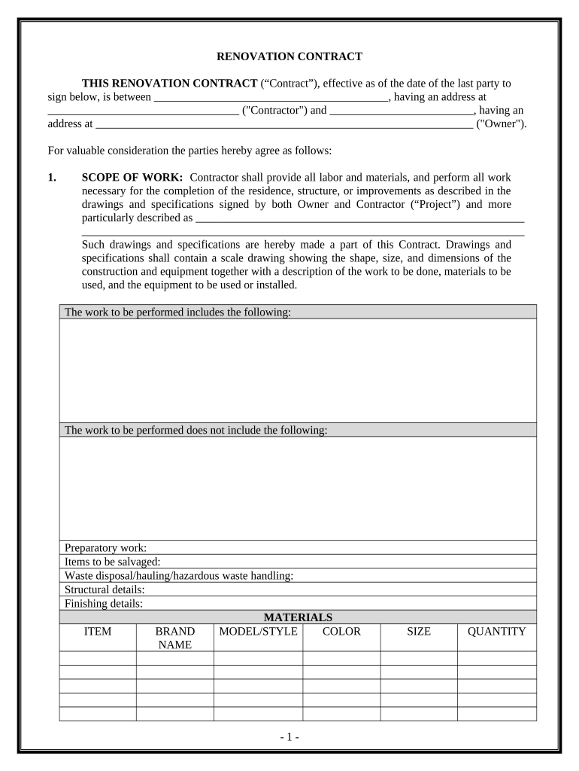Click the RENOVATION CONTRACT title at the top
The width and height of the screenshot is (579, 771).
click(x=289, y=56)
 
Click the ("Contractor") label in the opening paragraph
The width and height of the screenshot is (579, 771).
click(x=274, y=111)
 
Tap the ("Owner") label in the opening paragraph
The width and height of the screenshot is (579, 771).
click(x=502, y=124)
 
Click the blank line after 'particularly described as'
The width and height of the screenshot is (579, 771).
click(x=359, y=218)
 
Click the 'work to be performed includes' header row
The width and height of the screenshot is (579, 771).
click(x=178, y=312)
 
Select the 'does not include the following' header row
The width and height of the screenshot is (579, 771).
click(x=196, y=430)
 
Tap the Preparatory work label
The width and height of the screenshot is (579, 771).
click(x=106, y=547)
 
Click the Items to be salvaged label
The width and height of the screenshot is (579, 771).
click(x=113, y=562)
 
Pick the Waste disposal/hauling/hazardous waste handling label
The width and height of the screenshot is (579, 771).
click(x=179, y=576)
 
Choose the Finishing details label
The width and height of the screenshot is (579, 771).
click(x=104, y=604)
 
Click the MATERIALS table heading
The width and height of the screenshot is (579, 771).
click(x=298, y=617)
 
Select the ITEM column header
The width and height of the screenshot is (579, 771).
click(x=98, y=632)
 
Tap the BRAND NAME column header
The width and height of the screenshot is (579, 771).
click(x=174, y=638)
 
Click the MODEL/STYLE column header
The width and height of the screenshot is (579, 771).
click(x=258, y=632)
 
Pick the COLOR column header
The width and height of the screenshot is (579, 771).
click(x=341, y=632)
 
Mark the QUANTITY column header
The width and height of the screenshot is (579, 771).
click(x=496, y=632)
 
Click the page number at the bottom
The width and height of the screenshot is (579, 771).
click(x=289, y=737)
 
